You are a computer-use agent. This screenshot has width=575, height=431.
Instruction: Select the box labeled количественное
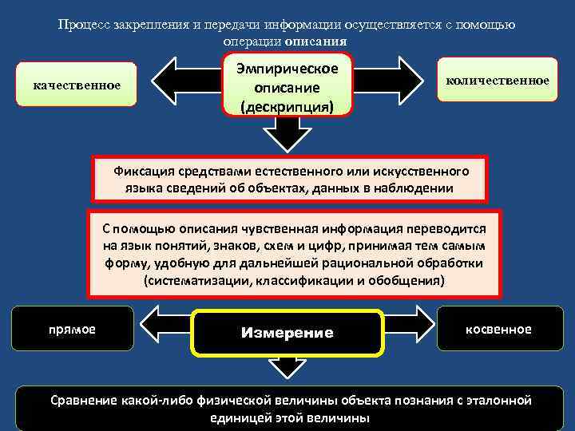coord(497,81)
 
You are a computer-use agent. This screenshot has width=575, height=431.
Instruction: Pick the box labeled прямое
coord(72,329)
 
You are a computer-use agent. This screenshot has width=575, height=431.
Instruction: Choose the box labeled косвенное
coord(498,329)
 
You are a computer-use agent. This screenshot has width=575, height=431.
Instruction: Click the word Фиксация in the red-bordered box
coord(141,171)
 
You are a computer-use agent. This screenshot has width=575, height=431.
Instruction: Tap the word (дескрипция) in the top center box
coord(287,105)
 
